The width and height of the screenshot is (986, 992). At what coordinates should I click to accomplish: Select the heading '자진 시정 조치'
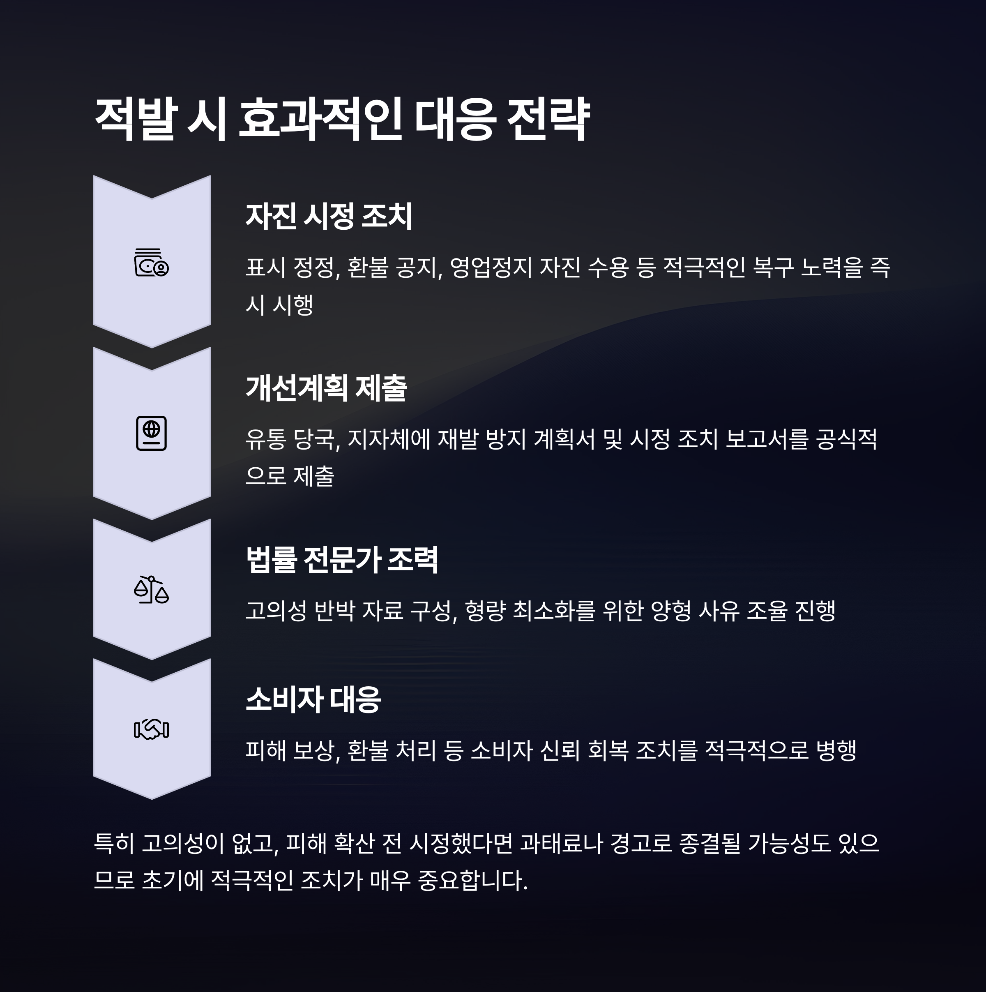pos(329,216)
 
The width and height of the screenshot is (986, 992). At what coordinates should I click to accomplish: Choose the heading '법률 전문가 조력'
pos(341,559)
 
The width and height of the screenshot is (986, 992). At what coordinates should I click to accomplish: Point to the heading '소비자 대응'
pos(313,699)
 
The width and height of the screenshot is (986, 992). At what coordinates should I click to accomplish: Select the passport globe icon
pos(152,434)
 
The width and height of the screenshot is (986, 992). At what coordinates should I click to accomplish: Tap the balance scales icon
pos(152,590)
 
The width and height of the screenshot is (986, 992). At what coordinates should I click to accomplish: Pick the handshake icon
pos(152,730)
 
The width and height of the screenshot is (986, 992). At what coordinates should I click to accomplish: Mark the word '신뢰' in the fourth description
pos(560,751)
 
